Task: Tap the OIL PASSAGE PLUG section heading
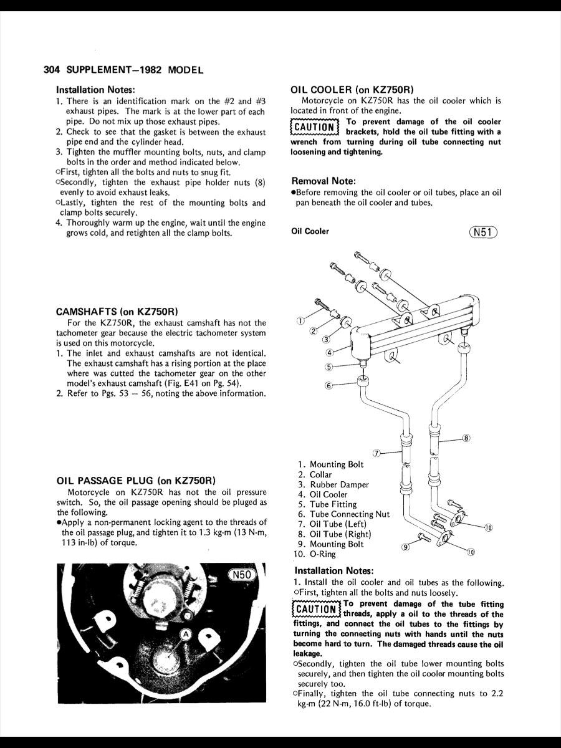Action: tap(136, 481)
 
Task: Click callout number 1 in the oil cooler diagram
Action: tap(300, 321)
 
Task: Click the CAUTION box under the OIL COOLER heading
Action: tap(314, 128)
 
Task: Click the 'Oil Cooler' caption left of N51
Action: tap(310, 231)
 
